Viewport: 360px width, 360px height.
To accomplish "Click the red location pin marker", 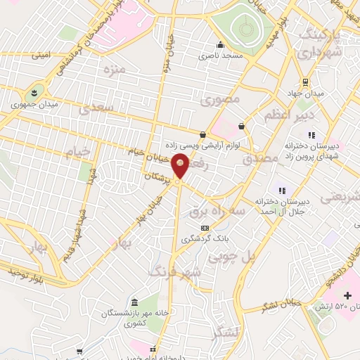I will click(x=181, y=166).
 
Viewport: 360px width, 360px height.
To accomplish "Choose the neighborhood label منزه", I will click(x=113, y=70).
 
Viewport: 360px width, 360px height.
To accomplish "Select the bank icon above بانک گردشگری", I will click(x=205, y=228).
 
